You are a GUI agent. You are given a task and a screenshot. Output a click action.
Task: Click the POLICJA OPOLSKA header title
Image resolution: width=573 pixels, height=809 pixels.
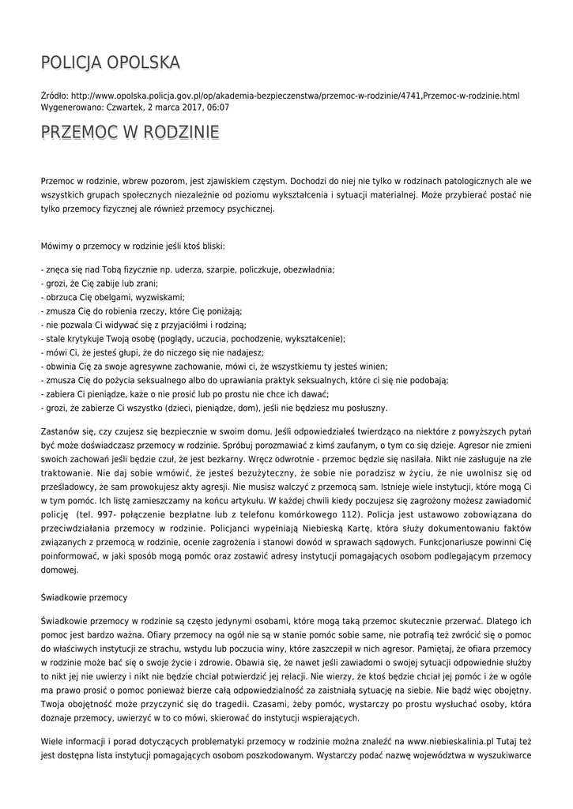tap(111, 62)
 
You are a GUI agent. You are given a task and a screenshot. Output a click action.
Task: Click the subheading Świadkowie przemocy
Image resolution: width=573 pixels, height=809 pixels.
tap(84, 596)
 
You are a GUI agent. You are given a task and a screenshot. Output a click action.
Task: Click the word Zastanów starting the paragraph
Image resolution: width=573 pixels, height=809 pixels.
tap(59, 432)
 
